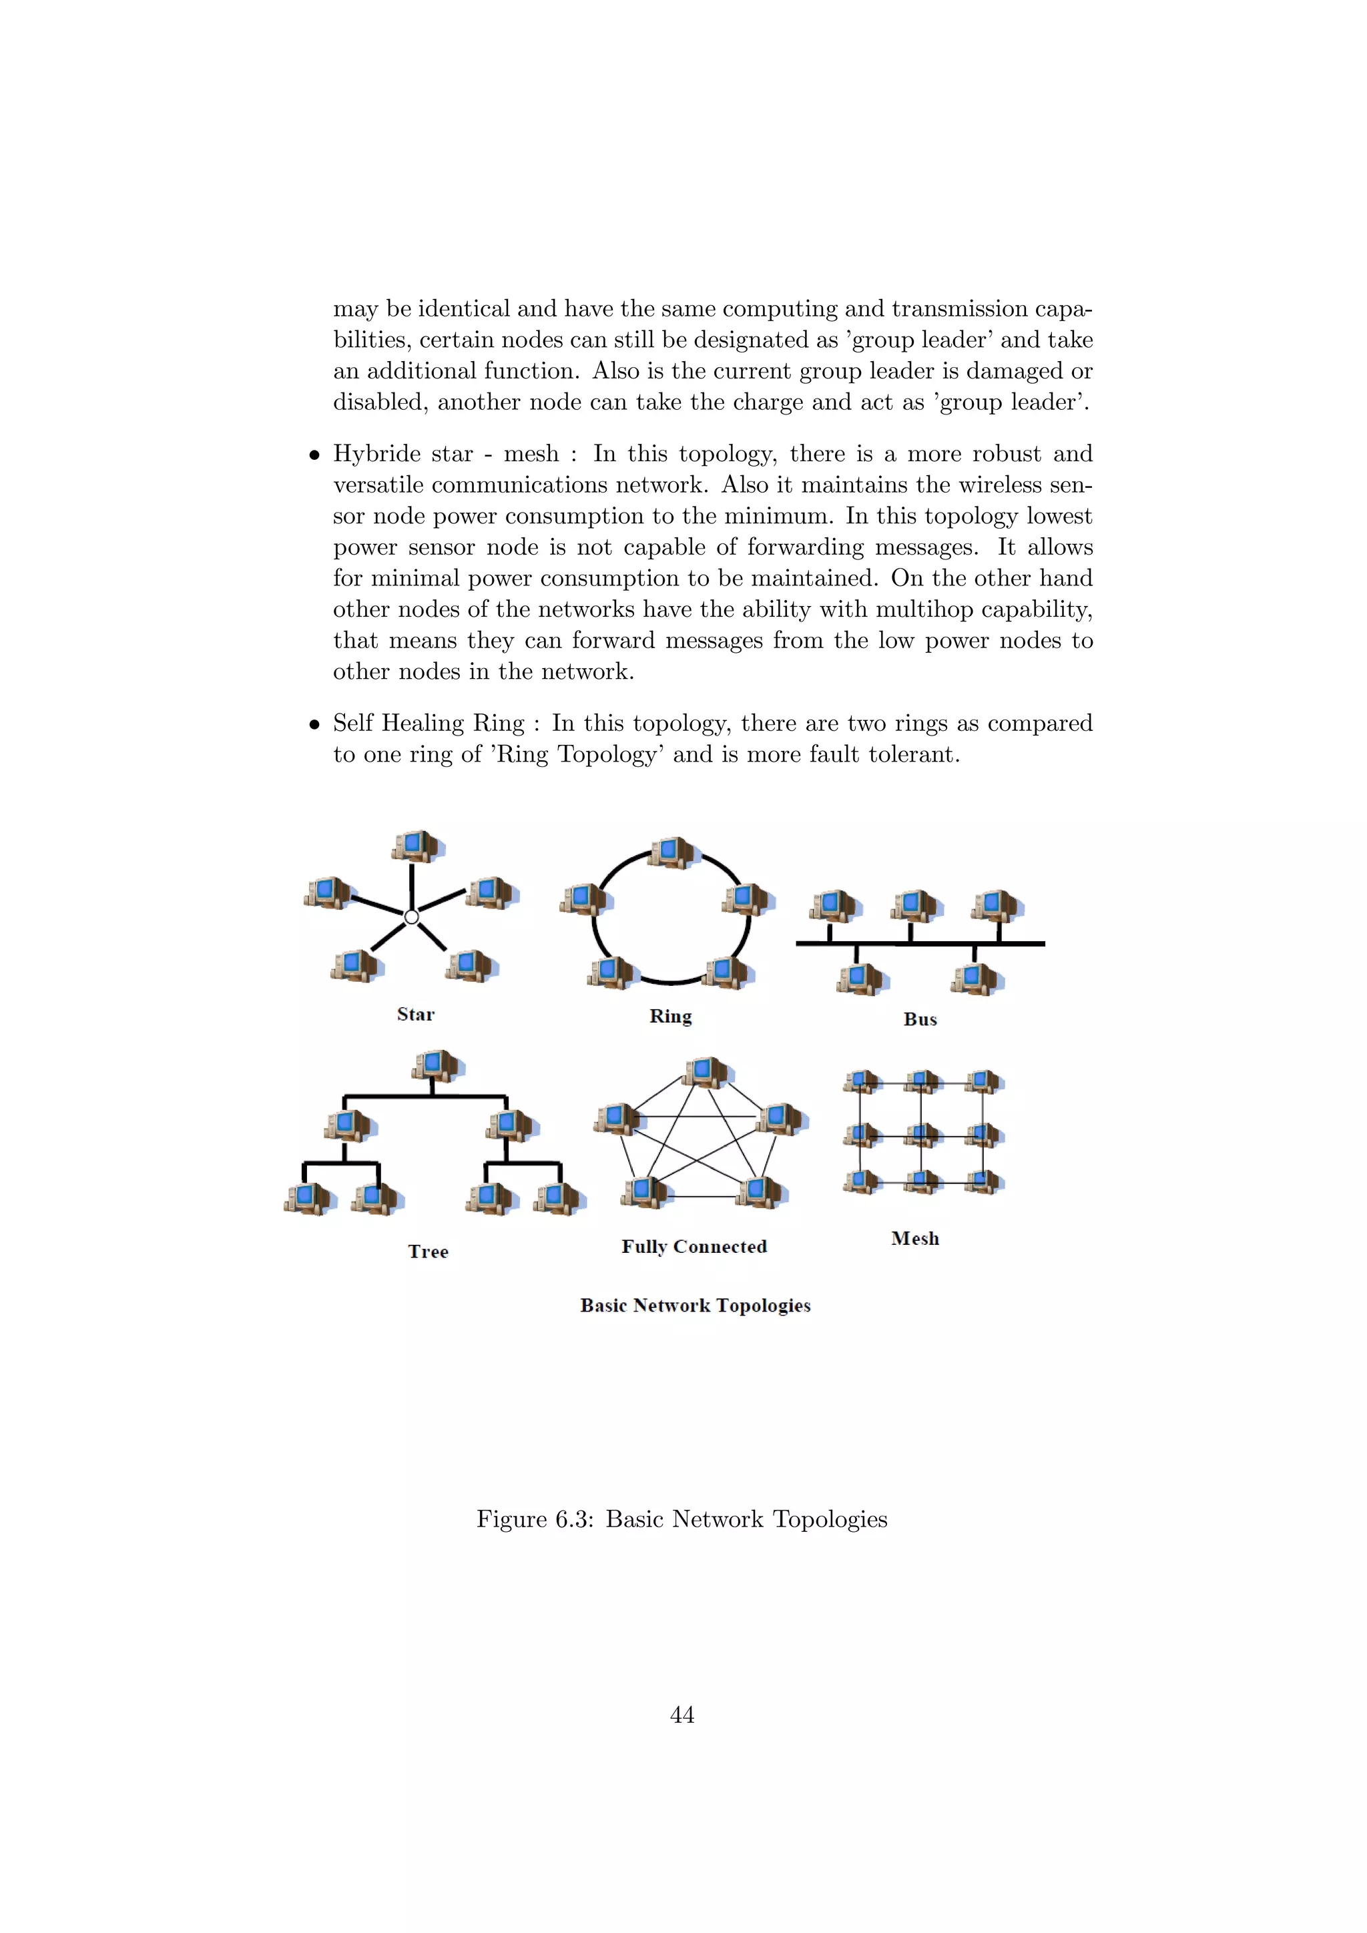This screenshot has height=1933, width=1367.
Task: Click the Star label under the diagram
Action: [416, 1015]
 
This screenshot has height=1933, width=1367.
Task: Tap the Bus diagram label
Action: [920, 1019]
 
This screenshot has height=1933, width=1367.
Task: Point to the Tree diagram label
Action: [428, 1252]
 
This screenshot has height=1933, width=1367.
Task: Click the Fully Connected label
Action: [694, 1247]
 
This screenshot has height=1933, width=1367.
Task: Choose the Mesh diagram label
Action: [915, 1238]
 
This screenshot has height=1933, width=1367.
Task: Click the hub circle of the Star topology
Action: [412, 917]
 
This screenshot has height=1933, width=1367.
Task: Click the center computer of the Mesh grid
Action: [922, 1134]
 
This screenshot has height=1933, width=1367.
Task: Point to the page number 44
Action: [681, 1715]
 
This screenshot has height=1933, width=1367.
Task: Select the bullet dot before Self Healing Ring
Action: [314, 724]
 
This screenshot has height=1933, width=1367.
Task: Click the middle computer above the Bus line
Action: [915, 906]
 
